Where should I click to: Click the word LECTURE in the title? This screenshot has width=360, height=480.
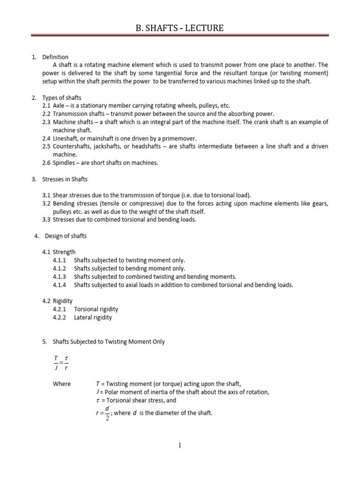(201, 29)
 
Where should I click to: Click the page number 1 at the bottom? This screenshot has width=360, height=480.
(180, 445)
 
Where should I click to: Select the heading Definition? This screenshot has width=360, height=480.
(55, 57)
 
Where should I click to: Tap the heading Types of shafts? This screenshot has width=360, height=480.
(62, 98)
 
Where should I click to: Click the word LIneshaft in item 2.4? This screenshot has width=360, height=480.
(66, 138)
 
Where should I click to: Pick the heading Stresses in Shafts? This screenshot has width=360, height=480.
(65, 179)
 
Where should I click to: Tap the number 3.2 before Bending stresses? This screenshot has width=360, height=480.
(46, 203)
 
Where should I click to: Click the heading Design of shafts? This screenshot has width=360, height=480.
(66, 236)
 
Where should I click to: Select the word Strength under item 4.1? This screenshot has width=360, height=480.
(64, 252)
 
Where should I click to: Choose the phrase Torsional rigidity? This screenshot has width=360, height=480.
(96, 309)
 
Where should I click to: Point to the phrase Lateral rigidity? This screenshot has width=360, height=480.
(93, 317)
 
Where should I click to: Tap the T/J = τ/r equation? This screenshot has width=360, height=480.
(61, 362)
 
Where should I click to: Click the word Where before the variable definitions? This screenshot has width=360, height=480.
(62, 384)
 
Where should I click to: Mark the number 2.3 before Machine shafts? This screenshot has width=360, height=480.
(46, 122)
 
